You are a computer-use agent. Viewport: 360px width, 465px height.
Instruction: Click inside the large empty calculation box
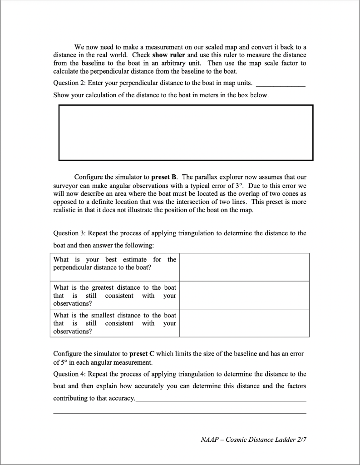point(186,133)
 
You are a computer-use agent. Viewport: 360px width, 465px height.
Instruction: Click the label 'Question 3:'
point(69,233)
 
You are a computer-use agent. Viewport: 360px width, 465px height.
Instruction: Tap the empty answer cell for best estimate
point(244,267)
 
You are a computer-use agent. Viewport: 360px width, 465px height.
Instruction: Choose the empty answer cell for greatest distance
point(244,295)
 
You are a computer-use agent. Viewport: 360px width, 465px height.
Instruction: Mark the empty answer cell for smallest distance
point(244,323)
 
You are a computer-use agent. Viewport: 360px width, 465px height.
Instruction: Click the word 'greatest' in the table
point(102,287)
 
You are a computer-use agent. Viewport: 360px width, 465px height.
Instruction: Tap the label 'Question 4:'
point(69,374)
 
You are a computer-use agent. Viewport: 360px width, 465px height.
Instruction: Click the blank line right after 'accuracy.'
point(221,399)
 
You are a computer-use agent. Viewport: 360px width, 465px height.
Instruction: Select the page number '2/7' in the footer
point(301,440)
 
